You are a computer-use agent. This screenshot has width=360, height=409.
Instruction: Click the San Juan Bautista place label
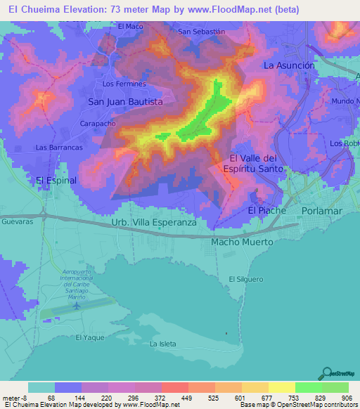click(x=124, y=102)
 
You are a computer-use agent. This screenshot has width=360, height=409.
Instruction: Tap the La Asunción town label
click(x=288, y=65)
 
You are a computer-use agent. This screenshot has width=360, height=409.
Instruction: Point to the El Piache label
click(x=266, y=211)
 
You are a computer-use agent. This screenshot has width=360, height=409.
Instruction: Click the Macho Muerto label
click(x=242, y=242)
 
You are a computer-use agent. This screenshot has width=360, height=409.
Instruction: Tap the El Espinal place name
click(x=56, y=181)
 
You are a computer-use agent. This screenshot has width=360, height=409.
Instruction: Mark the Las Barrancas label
click(x=59, y=148)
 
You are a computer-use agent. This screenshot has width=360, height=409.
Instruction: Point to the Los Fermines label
click(x=124, y=84)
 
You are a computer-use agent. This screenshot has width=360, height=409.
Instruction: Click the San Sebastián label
click(x=202, y=32)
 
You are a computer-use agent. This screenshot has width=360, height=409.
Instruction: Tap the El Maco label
click(x=130, y=27)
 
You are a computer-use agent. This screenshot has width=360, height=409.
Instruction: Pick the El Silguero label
click(x=245, y=279)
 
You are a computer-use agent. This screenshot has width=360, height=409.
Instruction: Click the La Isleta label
click(x=162, y=344)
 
